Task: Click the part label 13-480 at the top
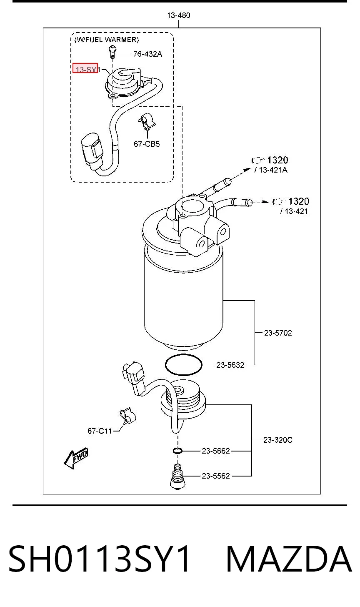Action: [x=178, y=15]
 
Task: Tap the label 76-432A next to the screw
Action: [x=147, y=54]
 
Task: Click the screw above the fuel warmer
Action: [x=112, y=52]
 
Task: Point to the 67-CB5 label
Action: [x=147, y=144]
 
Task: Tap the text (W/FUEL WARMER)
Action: [x=106, y=40]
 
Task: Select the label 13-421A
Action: [x=271, y=170]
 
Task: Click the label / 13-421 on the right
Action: [x=294, y=211]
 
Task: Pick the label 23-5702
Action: [x=278, y=333]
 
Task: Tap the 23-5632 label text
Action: [x=230, y=365]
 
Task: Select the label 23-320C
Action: [x=278, y=440]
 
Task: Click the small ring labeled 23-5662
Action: [x=177, y=451]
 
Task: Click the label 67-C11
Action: [x=100, y=431]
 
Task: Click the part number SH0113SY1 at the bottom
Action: [x=99, y=559]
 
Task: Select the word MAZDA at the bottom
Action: [x=289, y=559]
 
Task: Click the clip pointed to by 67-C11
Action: [x=127, y=416]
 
